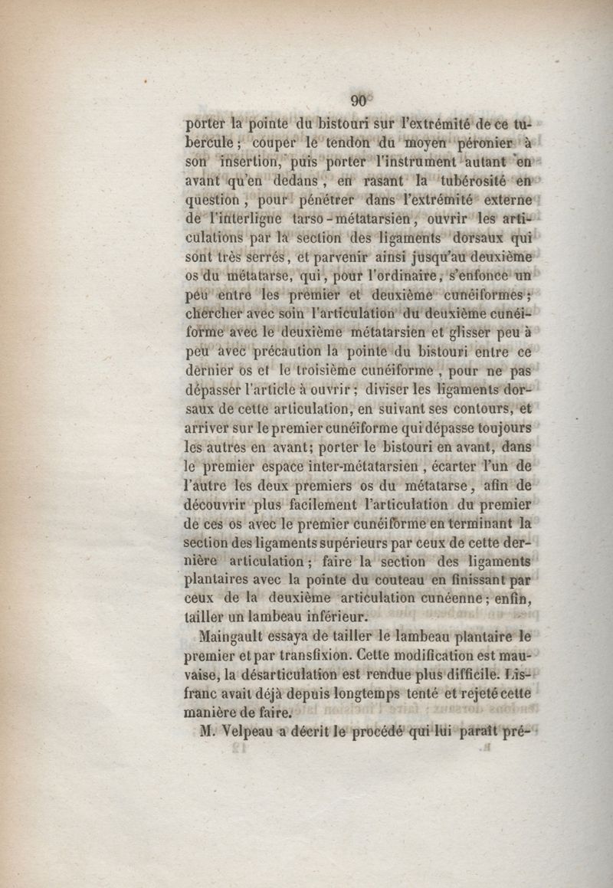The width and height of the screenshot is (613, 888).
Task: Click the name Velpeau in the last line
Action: [x=240, y=732]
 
